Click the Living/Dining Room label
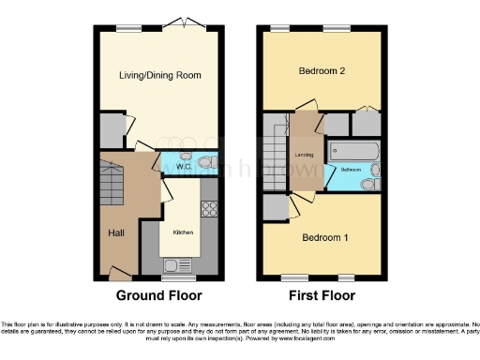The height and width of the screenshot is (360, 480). (159, 75)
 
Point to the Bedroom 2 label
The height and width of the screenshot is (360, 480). (322, 71)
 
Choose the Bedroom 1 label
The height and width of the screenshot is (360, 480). (325, 238)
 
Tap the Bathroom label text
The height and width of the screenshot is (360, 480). (351, 170)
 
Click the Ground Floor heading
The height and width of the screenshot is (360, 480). (157, 295)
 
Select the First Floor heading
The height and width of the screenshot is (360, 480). (321, 295)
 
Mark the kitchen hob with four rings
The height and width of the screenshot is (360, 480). (209, 209)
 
